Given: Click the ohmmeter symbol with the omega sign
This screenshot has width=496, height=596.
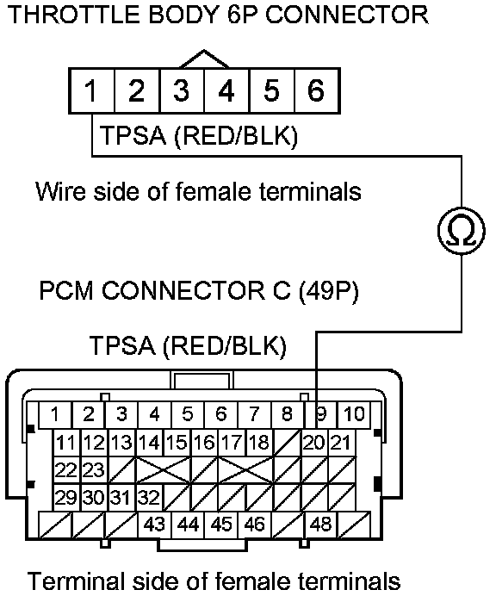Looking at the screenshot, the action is (x=462, y=231).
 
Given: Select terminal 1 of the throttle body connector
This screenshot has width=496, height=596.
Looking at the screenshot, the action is (x=91, y=90).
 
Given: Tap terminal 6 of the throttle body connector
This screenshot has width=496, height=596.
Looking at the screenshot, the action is (x=318, y=90).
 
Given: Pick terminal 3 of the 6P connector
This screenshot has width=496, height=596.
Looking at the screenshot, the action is (x=182, y=90).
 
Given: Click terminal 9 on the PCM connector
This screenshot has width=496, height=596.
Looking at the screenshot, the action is (x=321, y=414).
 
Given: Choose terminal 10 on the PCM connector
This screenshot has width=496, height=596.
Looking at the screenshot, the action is (x=354, y=414).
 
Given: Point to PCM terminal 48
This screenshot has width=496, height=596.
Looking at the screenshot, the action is (x=321, y=525).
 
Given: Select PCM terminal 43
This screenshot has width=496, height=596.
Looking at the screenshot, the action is (x=154, y=525).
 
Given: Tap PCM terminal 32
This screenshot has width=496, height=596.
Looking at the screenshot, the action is (x=149, y=497).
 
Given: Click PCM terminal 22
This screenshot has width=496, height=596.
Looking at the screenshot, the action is (x=67, y=469).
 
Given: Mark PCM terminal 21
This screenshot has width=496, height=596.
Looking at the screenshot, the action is (x=341, y=443).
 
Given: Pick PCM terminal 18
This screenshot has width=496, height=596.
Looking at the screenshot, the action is (x=260, y=443).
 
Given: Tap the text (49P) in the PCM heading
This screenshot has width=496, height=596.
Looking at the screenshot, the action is (x=328, y=291).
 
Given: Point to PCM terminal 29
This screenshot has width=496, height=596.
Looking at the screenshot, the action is (x=67, y=497).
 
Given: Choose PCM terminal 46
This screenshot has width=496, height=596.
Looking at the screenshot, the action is (x=255, y=525).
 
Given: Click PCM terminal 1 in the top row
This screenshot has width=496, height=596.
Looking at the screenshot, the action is (x=55, y=414).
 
